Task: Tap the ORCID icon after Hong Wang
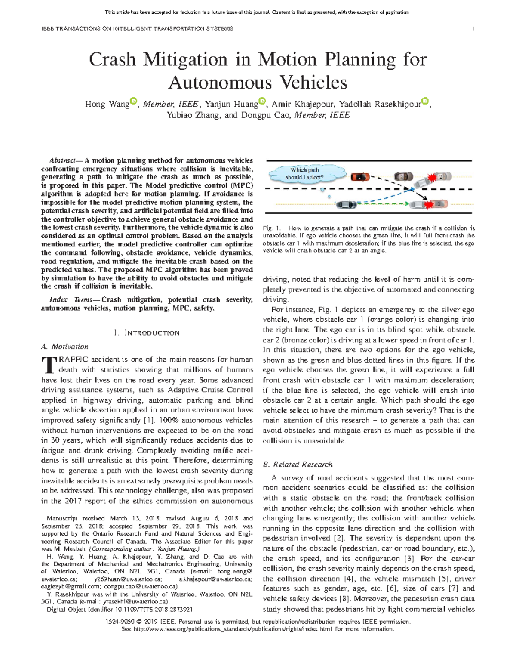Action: pos(133,101)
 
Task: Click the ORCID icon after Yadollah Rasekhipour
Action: pos(425,101)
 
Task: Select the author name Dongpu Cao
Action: pos(266,115)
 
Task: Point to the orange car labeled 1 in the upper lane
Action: pos(360,176)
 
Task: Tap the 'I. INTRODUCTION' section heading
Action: pos(147,333)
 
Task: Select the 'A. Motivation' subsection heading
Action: pos(64,347)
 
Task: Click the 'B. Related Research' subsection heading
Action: pos(298,465)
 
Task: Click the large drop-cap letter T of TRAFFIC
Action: pos(46,365)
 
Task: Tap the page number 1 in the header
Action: pos(473,28)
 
